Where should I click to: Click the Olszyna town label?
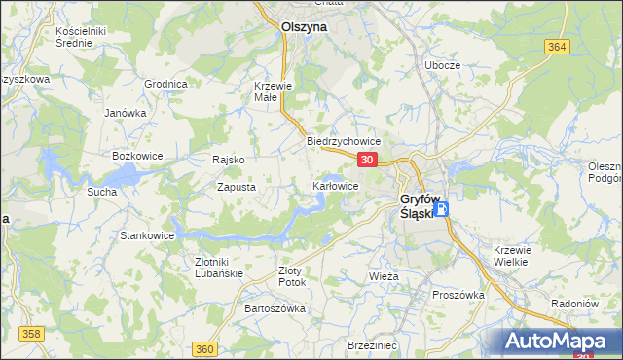[304, 28]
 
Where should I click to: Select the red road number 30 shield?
[366, 159]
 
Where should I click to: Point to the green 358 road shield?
[32, 334]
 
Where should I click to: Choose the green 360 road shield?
[203, 348]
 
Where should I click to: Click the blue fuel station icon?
[441, 208]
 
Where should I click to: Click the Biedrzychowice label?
[343, 141]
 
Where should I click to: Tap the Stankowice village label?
[147, 235]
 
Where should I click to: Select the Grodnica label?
[165, 84]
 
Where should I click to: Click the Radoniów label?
[573, 302]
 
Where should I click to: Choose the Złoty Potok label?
[292, 275]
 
